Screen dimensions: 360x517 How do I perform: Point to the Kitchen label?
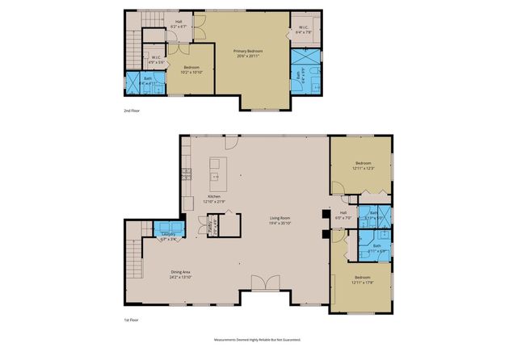click(215, 198)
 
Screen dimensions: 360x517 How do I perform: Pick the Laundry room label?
click(169, 236)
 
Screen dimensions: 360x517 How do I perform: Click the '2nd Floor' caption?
click(131, 110)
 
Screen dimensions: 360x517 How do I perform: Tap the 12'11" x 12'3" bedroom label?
click(361, 165)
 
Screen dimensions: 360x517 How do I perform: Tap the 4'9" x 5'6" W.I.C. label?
click(159, 59)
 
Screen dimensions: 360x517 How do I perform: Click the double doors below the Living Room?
click(263, 283)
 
